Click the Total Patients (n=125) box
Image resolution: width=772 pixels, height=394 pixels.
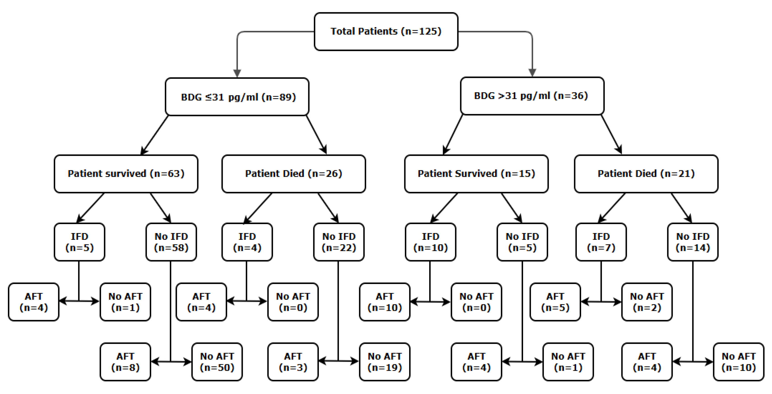click(386, 31)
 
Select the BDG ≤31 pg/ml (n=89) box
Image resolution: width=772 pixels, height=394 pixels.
click(237, 97)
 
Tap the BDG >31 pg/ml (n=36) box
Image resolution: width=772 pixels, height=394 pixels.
click(532, 96)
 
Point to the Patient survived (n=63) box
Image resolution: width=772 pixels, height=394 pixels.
click(126, 174)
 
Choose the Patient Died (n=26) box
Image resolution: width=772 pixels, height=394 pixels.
click(293, 174)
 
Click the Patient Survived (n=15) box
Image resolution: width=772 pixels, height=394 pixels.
click(476, 174)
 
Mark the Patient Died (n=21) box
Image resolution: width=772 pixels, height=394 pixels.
click(646, 174)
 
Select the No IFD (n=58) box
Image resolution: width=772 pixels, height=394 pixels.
click(171, 242)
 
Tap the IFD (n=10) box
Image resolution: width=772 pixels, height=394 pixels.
click(430, 242)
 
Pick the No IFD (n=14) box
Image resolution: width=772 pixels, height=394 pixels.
click(693, 242)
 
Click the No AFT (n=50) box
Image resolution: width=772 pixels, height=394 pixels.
click(217, 362)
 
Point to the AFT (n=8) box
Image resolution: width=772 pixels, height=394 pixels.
click(125, 362)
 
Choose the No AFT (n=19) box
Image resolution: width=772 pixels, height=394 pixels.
click(385, 362)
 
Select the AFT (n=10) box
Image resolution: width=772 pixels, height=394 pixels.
click(385, 302)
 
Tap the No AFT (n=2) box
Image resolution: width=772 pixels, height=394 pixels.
click(647, 302)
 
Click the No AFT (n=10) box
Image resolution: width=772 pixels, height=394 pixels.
click(738, 362)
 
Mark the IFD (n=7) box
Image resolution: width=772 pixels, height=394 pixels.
click(601, 242)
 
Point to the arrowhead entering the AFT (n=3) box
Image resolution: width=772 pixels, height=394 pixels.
click(322, 361)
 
